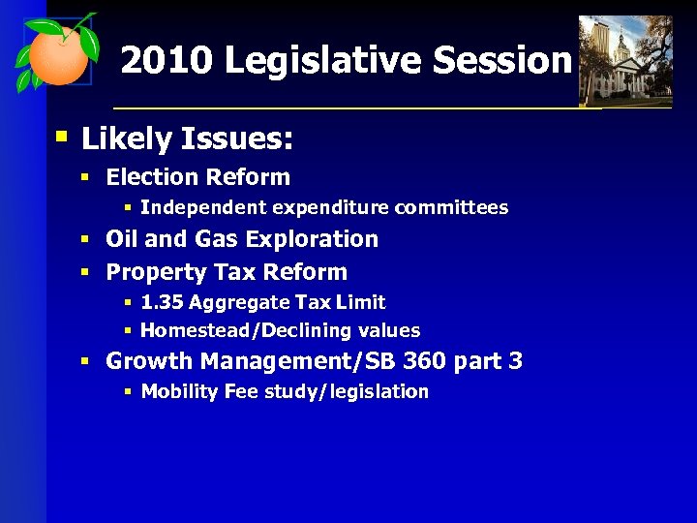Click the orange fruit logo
point(56,55)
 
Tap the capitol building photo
point(624,60)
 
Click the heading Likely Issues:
point(187,139)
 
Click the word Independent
point(203,207)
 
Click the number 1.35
point(162,302)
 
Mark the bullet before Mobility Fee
point(129,391)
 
